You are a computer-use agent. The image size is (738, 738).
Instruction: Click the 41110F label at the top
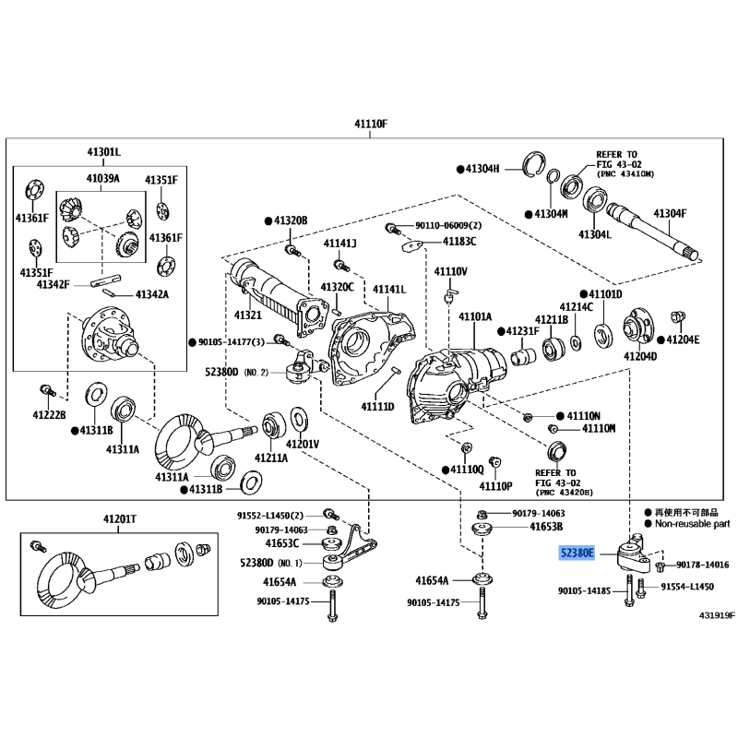click(x=373, y=124)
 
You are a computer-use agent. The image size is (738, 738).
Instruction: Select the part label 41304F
click(x=672, y=213)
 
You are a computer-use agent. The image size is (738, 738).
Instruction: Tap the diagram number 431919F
click(x=705, y=614)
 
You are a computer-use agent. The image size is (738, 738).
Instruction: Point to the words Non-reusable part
click(x=692, y=523)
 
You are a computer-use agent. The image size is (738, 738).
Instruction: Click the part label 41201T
click(x=118, y=520)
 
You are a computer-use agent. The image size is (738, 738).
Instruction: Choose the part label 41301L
click(x=103, y=151)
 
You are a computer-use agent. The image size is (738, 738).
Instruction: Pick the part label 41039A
click(x=103, y=178)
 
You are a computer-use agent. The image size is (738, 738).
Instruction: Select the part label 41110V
click(x=451, y=272)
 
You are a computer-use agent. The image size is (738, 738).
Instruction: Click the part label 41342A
click(x=155, y=294)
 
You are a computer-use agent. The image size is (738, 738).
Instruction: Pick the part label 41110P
click(x=495, y=485)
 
